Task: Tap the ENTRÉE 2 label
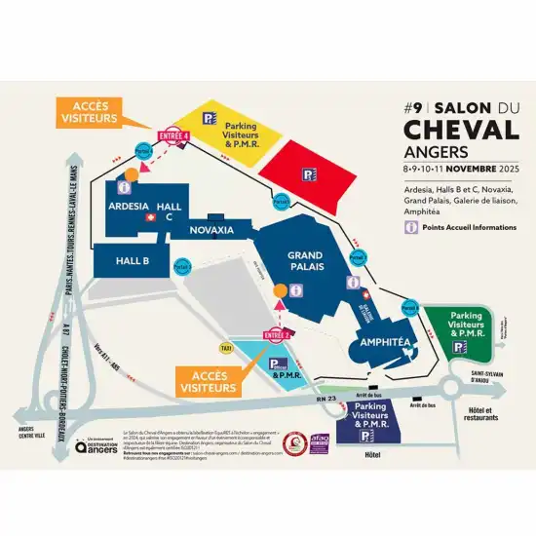click(279, 335)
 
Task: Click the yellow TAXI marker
click(226, 348)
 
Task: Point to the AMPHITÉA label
click(383, 342)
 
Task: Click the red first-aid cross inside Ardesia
click(149, 219)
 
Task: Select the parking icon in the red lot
click(308, 173)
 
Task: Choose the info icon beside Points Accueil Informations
click(412, 226)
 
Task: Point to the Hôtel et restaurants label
click(477, 414)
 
